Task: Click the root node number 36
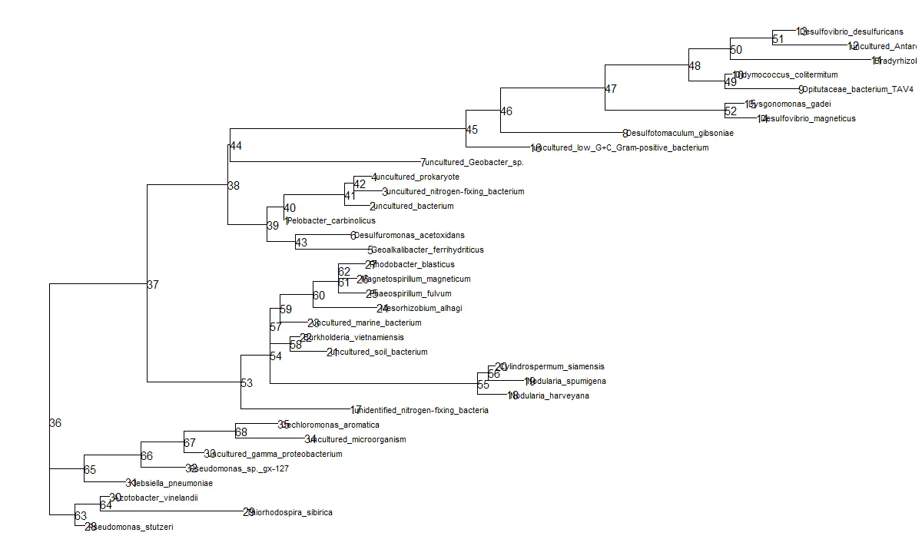(x=55, y=423)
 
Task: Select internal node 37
(x=153, y=285)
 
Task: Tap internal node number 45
(x=472, y=130)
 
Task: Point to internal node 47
(x=611, y=89)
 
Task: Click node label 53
(x=247, y=383)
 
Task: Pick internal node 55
(x=483, y=385)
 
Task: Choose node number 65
(x=90, y=470)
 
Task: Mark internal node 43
(x=301, y=243)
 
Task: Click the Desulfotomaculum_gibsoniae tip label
(x=679, y=134)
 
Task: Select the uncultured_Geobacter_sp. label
(x=474, y=163)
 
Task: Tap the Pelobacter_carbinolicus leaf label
(x=331, y=221)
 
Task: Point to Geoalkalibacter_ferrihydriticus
(x=427, y=250)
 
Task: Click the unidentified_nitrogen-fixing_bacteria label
(x=422, y=411)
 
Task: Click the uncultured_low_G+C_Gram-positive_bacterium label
(x=622, y=148)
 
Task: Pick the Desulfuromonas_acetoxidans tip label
(x=410, y=236)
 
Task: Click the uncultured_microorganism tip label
(x=357, y=440)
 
